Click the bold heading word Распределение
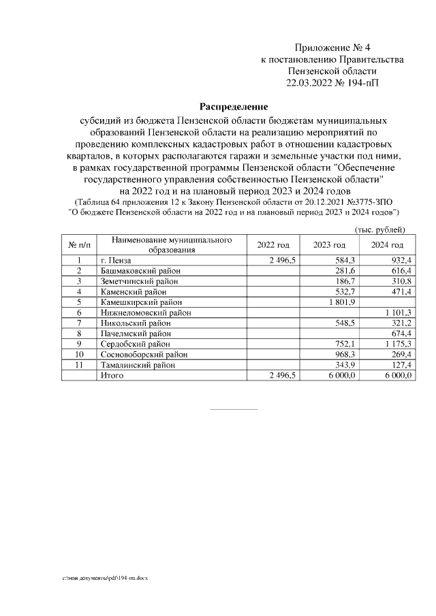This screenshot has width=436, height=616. [233, 107]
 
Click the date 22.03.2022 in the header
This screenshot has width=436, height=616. [311, 83]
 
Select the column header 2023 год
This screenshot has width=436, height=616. [330, 245]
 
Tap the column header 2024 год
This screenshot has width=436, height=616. [388, 245]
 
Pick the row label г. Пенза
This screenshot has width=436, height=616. [116, 260]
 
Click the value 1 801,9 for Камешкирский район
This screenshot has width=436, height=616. [343, 302]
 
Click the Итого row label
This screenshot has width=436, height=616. [111, 375]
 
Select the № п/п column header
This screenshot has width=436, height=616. [79, 245]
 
